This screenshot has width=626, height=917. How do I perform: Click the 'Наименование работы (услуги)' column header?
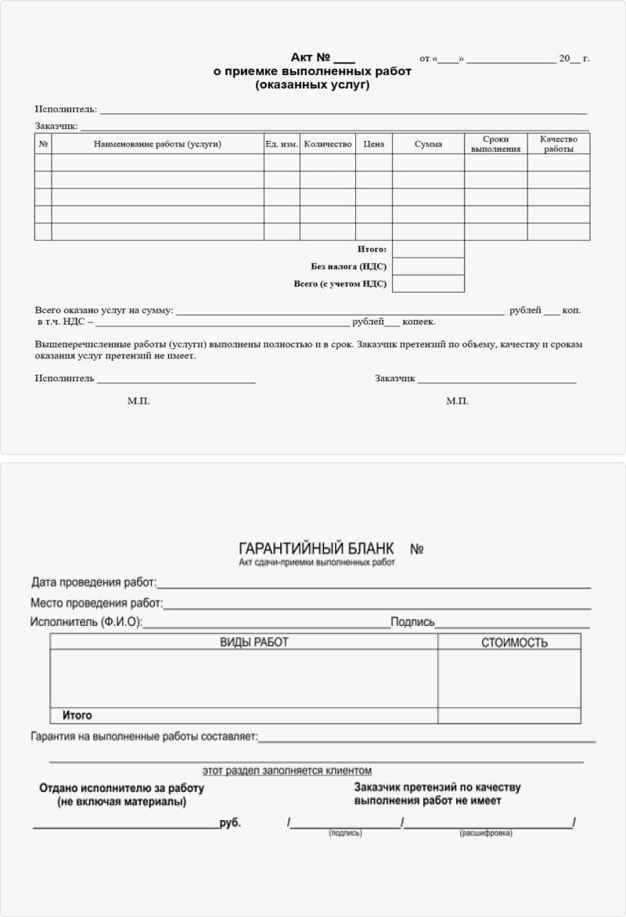click(x=157, y=144)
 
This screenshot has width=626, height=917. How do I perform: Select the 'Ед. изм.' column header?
click(x=282, y=144)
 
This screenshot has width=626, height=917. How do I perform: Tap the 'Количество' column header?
click(x=328, y=144)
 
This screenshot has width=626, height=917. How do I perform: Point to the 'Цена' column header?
click(x=374, y=144)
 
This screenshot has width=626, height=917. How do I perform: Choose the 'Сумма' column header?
click(x=428, y=144)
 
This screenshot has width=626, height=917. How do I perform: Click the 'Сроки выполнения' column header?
click(x=495, y=144)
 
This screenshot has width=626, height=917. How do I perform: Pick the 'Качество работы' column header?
click(x=559, y=144)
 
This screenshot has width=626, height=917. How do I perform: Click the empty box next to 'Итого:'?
click(x=428, y=250)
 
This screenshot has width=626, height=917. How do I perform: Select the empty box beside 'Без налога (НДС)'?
click(x=428, y=267)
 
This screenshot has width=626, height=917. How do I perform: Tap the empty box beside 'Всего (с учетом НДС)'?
click(x=428, y=284)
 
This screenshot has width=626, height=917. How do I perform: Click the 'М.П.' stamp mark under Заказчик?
click(x=457, y=401)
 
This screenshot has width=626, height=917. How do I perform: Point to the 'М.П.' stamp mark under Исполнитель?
click(x=139, y=401)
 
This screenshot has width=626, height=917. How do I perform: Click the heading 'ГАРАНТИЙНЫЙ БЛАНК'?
click(x=316, y=548)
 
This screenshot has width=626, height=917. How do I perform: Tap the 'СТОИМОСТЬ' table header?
click(x=514, y=643)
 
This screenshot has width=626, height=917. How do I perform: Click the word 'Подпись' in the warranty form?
click(x=412, y=622)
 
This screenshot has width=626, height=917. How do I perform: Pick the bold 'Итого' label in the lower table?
click(x=77, y=715)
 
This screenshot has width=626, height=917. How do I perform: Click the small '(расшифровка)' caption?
click(x=486, y=833)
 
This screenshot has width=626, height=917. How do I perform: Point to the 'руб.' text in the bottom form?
click(x=231, y=823)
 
